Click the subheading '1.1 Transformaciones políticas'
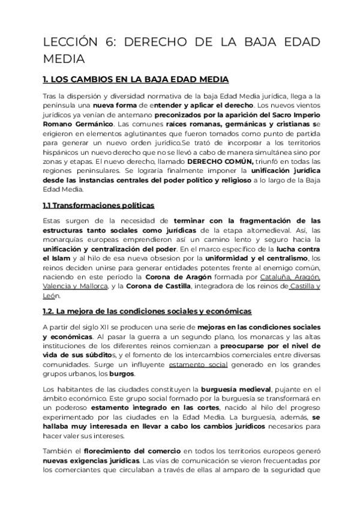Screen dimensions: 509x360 99,205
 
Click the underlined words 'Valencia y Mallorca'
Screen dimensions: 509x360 74,286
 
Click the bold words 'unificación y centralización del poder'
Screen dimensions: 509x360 110,249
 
